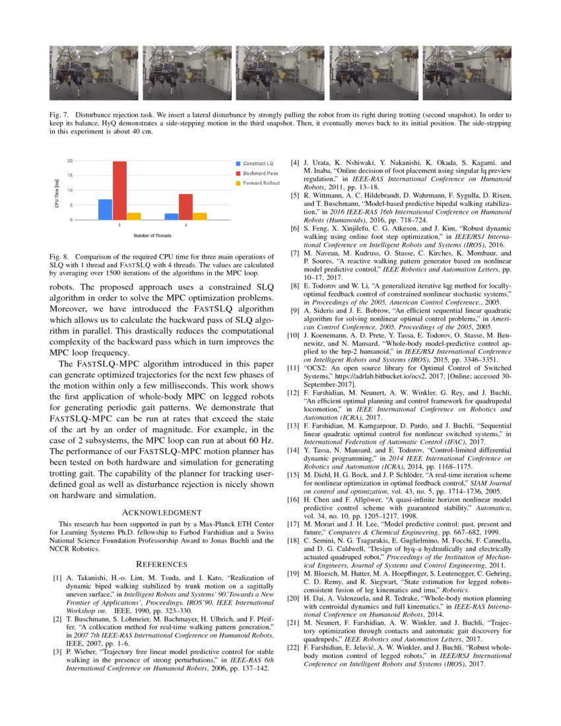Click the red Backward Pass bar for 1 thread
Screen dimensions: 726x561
click(119, 190)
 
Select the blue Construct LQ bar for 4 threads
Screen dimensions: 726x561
click(171, 216)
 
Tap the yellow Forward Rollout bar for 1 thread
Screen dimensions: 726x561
click(134, 216)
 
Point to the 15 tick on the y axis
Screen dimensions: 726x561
click(69, 176)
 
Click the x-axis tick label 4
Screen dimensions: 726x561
click(185, 226)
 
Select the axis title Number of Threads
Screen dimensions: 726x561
click(153, 235)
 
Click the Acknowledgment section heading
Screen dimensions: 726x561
click(162, 512)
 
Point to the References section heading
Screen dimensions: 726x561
click(162, 564)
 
